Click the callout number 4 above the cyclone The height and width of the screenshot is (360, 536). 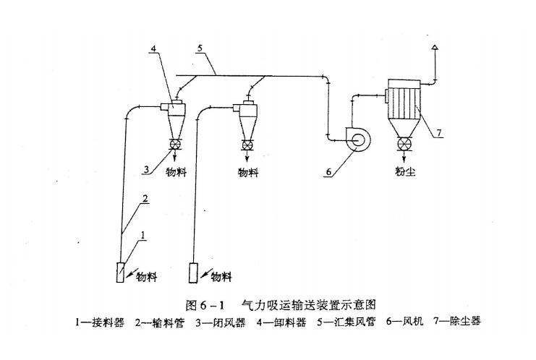154,49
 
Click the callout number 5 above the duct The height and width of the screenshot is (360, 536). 200,50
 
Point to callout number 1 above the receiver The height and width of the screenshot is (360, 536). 143,234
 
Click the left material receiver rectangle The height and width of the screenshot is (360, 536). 121,273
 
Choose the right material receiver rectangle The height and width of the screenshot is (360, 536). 193,273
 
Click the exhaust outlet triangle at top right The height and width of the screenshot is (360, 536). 434,48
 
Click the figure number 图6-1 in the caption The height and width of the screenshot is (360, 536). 205,304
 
